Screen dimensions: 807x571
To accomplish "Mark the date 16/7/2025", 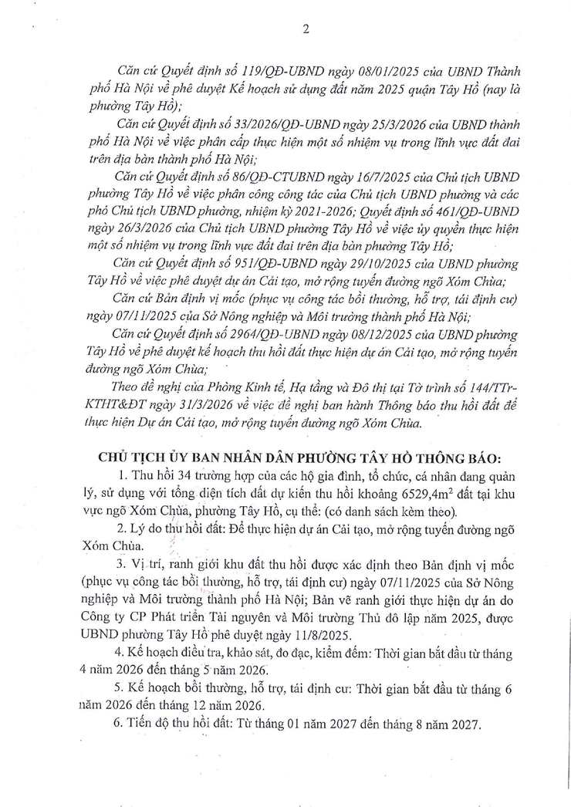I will point(354,176).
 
